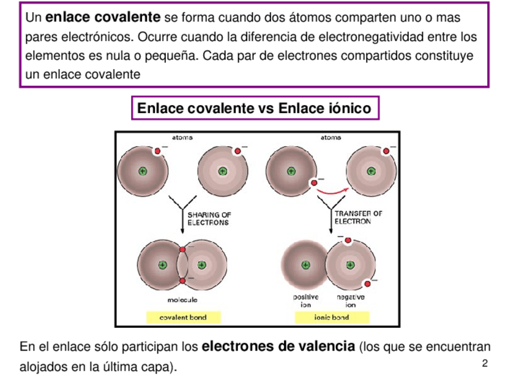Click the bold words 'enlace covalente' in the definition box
[x=103, y=17]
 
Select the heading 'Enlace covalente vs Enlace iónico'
[x=254, y=108]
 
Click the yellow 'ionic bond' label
[x=332, y=317]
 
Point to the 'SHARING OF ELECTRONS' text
[x=209, y=218]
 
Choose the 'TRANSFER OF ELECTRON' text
[x=358, y=217]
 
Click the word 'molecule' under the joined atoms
[x=182, y=300]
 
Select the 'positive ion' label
[x=305, y=300]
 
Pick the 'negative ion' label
[x=350, y=300]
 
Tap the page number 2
[x=485, y=364]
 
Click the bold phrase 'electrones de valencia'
[x=278, y=347]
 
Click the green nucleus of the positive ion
[x=305, y=265]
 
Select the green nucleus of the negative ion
[x=350, y=265]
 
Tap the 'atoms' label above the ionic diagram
[x=330, y=138]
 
